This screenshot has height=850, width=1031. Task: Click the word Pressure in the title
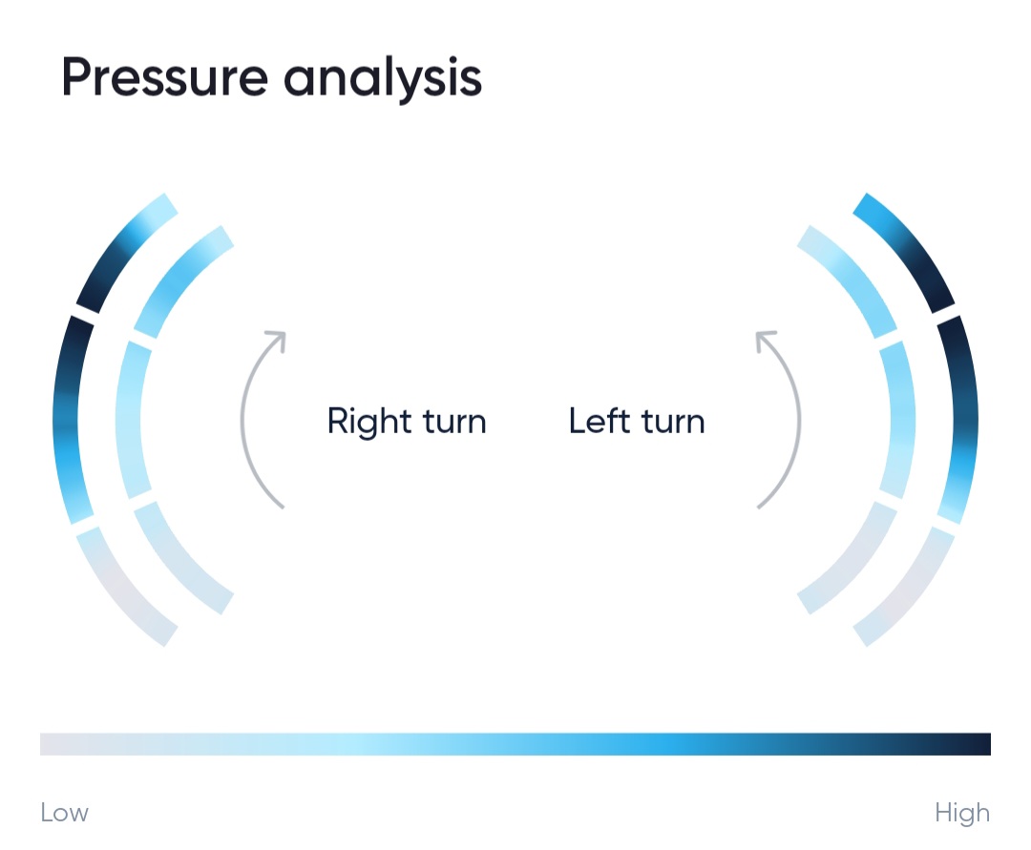click(165, 77)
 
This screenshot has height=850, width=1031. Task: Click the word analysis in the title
click(383, 78)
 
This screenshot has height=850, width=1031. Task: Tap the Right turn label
click(407, 421)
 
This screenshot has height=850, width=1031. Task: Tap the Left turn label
click(637, 421)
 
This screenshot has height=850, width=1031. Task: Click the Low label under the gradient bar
click(65, 813)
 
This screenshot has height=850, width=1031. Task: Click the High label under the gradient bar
click(962, 813)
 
